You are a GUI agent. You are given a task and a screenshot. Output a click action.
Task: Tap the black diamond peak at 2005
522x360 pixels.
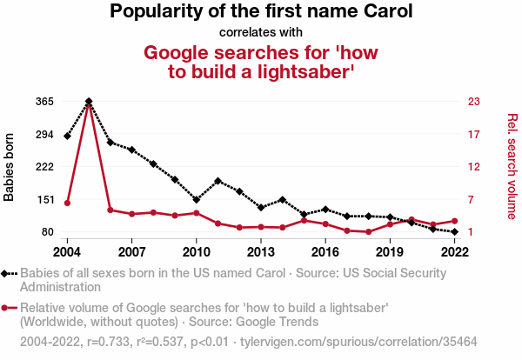[89, 102]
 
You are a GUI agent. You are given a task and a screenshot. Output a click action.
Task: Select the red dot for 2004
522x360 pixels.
[67, 203]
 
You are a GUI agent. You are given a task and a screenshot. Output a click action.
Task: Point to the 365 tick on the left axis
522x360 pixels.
[45, 102]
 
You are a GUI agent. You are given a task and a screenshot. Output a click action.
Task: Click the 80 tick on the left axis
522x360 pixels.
[49, 232]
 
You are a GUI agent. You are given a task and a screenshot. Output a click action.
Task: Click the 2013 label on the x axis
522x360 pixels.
[260, 251]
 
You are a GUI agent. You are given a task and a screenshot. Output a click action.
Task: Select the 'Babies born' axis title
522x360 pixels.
[10, 167]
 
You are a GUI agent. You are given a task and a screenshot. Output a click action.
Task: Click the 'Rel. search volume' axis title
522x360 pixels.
[512, 166]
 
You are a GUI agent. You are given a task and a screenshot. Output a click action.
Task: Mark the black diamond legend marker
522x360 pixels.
[10, 273]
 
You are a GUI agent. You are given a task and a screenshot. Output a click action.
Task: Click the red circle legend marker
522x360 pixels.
[10, 308]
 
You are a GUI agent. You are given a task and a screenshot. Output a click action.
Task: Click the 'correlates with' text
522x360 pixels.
[260, 32]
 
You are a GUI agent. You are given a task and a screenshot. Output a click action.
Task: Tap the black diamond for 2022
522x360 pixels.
[454, 232]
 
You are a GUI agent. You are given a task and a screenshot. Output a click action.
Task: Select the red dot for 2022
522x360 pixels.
[454, 221]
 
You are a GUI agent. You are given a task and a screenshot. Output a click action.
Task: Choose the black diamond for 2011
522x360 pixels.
[217, 181]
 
